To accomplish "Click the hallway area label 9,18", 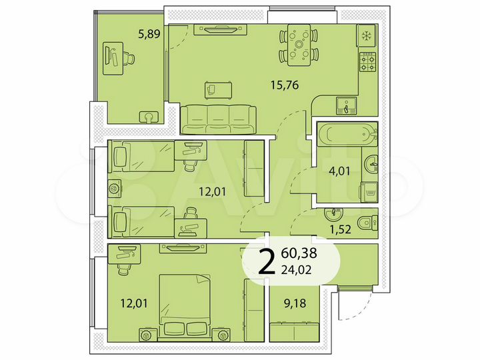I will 295,304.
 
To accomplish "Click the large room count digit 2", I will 266,263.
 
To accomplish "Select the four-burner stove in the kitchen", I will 367,62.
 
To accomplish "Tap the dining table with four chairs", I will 298,45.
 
